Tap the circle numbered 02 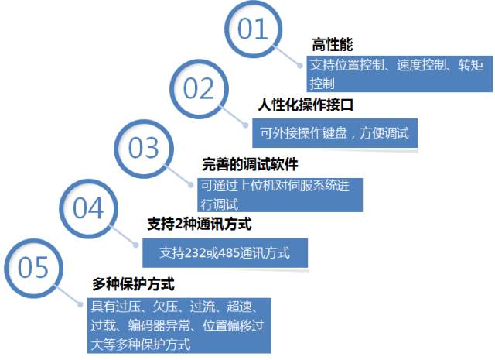tap(199, 90)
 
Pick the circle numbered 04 tap(88, 207)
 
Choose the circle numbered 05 tap(33, 268)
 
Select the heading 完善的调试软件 tap(250, 164)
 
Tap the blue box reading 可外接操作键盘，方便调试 tap(335, 134)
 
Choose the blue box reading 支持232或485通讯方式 tap(225, 252)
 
